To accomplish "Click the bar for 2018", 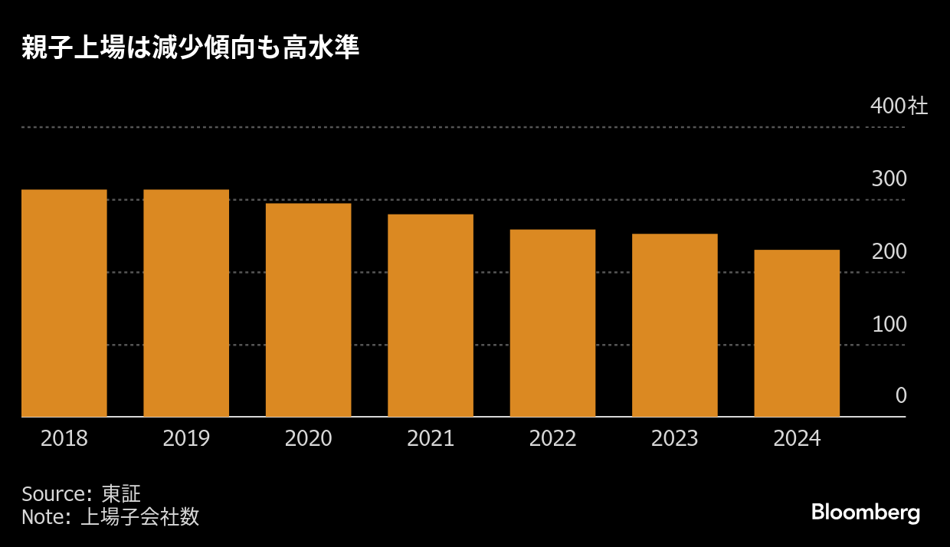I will pyautogui.click(x=64, y=303).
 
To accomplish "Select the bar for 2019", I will pyautogui.click(x=186, y=303).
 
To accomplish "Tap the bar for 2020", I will pyautogui.click(x=308, y=310).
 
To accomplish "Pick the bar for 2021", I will pyautogui.click(x=431, y=316).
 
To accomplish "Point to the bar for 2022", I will pyautogui.click(x=552, y=323).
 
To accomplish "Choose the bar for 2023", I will pyautogui.click(x=675, y=326).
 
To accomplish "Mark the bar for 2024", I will pyautogui.click(x=797, y=333).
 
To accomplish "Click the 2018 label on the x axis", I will pyautogui.click(x=64, y=438).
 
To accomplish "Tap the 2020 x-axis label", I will pyautogui.click(x=308, y=438).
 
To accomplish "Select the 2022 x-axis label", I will pyautogui.click(x=552, y=438).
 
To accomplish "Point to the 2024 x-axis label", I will pyautogui.click(x=797, y=438).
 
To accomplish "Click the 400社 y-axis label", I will pyautogui.click(x=899, y=106).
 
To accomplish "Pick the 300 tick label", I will pyautogui.click(x=889, y=179).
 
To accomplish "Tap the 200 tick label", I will pyautogui.click(x=889, y=252).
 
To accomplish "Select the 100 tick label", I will pyautogui.click(x=889, y=324).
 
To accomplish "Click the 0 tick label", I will pyautogui.click(x=901, y=396).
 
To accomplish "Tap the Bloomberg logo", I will pyautogui.click(x=866, y=512).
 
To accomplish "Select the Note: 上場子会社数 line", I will pyautogui.click(x=110, y=517).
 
